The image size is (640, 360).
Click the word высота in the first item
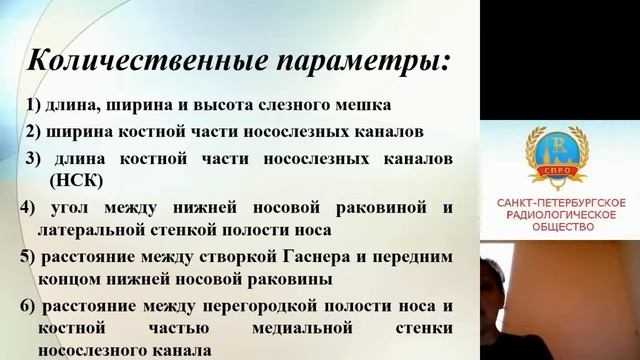pos(239,105)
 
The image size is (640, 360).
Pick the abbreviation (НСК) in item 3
pos(74,181)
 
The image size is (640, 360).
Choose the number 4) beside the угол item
pos(26,207)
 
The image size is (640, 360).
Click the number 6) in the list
pos(27,304)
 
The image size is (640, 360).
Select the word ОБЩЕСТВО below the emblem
pos(561,227)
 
